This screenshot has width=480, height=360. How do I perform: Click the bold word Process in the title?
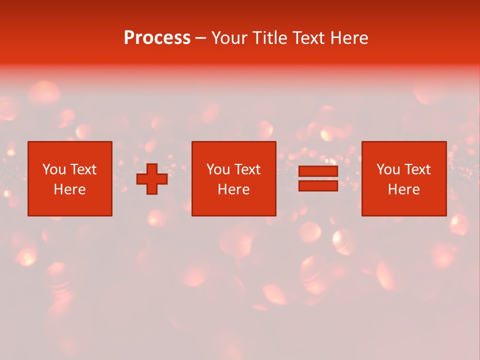(157, 38)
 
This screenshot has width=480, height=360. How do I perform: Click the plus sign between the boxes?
(152, 179)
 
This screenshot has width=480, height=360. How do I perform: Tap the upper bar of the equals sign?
(318, 171)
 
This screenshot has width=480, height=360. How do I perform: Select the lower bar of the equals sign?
(318, 185)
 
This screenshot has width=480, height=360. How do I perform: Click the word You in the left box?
(54, 169)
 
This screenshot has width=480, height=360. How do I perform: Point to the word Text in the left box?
(83, 169)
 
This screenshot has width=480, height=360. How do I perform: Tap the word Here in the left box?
(69, 189)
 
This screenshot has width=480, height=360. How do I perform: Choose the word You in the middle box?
(218, 169)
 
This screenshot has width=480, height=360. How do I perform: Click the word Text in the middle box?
(247, 169)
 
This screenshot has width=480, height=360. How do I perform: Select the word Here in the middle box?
(233, 189)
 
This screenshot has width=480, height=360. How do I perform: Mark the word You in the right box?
(388, 169)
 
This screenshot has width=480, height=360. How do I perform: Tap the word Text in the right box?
(417, 169)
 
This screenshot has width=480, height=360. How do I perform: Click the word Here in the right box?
(403, 189)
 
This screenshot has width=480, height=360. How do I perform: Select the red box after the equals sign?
(404, 205)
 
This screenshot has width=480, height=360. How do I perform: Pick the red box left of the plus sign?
(69, 205)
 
